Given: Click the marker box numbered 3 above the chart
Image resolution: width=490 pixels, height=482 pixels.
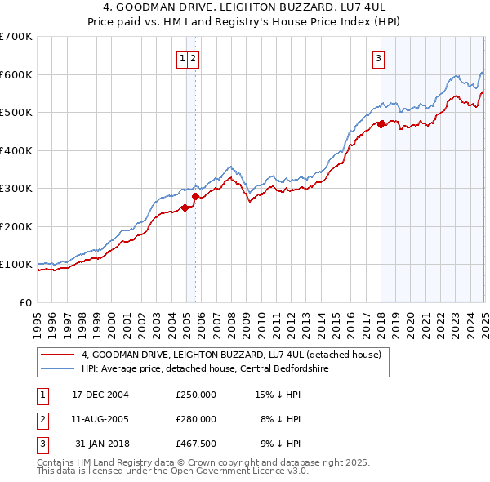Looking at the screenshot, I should (380, 58).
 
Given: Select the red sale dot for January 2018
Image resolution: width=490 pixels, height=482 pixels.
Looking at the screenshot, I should (381, 125).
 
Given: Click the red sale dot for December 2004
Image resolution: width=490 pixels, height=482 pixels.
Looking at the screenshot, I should (185, 208).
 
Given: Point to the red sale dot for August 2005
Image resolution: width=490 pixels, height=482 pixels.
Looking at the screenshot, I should (195, 196).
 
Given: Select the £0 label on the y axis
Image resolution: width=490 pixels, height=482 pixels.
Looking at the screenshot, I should (26, 302).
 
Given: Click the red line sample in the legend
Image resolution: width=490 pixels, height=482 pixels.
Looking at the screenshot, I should (59, 355).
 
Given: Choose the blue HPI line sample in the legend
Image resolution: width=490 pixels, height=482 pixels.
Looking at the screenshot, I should (59, 368).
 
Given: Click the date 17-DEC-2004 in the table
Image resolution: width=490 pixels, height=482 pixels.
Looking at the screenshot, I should (100, 395).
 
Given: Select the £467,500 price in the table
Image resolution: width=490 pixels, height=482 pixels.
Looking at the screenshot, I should (196, 444).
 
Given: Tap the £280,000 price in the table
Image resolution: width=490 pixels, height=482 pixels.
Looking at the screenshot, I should (196, 419).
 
